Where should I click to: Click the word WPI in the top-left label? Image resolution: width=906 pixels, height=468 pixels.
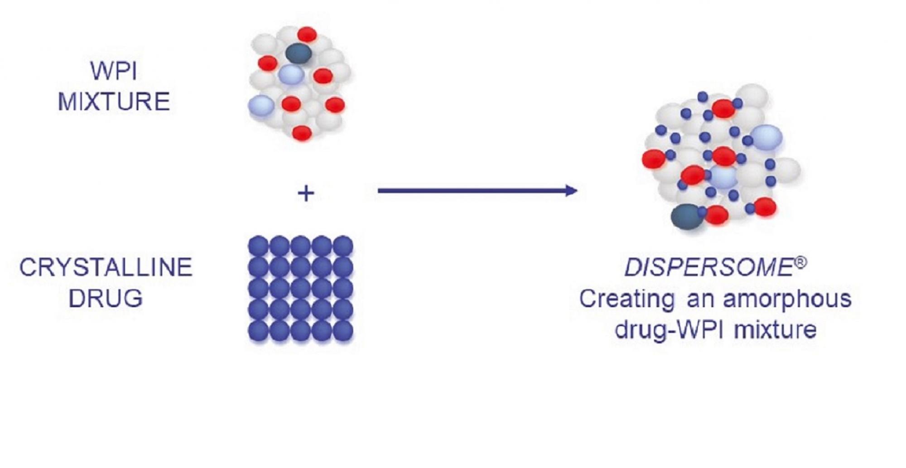click(x=114, y=71)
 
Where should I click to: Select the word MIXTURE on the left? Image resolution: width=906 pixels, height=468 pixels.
click(x=114, y=101)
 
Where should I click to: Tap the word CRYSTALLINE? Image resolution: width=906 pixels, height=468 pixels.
click(x=106, y=267)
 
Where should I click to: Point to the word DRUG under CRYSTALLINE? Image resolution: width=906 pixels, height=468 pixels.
click(x=106, y=299)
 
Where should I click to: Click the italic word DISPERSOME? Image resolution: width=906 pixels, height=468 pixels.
click(x=708, y=267)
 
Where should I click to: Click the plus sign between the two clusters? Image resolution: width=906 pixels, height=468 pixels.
click(x=306, y=193)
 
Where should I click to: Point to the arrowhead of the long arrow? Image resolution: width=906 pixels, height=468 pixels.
click(x=572, y=191)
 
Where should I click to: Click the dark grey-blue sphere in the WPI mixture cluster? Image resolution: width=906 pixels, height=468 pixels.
click(x=299, y=53)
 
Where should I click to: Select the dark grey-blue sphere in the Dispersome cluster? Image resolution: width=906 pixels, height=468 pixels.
click(x=687, y=217)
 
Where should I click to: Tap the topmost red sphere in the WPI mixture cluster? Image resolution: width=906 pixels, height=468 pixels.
click(x=307, y=34)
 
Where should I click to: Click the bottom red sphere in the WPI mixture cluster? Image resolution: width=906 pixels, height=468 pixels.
click(x=302, y=133)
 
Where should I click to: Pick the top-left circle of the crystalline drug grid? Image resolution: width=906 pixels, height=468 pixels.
click(x=258, y=246)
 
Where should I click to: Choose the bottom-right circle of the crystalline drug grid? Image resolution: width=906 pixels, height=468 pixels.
click(x=343, y=331)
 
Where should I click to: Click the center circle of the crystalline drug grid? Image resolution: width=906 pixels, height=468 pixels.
click(x=300, y=288)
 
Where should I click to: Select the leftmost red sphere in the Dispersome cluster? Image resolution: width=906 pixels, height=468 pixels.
click(x=654, y=159)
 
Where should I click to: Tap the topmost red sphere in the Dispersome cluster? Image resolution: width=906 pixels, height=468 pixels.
click(x=723, y=109)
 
